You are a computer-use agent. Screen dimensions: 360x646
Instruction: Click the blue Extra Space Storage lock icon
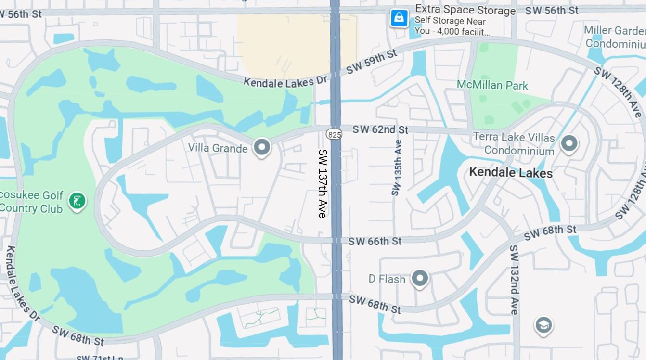click(x=399, y=18)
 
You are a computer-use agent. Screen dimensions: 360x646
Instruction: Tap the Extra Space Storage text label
click(x=465, y=10)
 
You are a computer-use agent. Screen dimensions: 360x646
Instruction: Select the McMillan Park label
click(x=492, y=85)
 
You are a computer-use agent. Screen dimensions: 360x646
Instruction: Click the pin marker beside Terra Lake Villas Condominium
click(x=569, y=143)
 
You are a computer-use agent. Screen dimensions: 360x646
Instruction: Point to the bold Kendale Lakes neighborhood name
click(x=510, y=172)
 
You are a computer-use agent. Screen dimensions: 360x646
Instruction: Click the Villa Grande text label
click(x=218, y=148)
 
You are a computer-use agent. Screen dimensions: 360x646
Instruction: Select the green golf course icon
click(x=77, y=201)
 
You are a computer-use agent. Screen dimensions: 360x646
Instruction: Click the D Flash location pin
click(x=420, y=278)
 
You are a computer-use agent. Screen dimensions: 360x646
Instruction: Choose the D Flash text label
click(x=387, y=279)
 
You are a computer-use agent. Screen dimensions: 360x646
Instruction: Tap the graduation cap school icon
click(x=543, y=325)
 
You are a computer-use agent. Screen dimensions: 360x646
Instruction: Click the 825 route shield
click(x=334, y=134)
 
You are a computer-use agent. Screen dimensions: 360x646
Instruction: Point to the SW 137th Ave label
click(x=322, y=183)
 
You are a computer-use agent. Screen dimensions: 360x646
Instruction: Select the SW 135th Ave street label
click(x=397, y=168)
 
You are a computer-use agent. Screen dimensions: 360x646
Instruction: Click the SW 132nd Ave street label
click(x=514, y=280)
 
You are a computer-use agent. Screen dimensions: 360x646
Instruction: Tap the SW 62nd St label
click(x=380, y=130)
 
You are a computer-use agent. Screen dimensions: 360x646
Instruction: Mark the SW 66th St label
click(x=375, y=241)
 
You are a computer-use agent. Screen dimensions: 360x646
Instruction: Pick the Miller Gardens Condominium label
click(x=615, y=37)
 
